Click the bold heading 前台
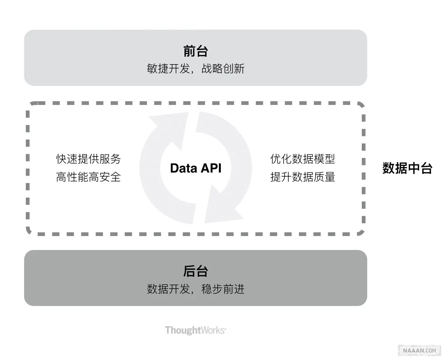click(196, 51)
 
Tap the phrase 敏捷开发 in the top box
click(168, 69)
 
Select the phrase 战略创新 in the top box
click(223, 69)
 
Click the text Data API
click(196, 168)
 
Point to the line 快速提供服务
click(88, 159)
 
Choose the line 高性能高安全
click(88, 177)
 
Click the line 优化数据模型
click(303, 159)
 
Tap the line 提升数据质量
click(303, 177)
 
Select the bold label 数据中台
click(407, 168)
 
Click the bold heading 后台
click(196, 271)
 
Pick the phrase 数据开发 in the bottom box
click(168, 289)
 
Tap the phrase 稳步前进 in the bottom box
click(223, 289)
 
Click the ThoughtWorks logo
click(196, 330)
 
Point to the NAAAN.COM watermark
click(420, 350)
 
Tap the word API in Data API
click(211, 168)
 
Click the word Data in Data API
click(184, 168)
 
